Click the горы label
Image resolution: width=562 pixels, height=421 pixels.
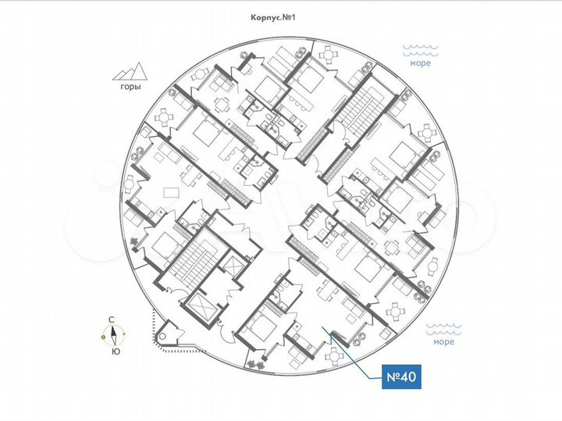point(130,87)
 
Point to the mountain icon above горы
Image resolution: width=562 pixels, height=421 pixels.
point(130,72)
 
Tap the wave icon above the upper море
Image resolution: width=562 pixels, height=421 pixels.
point(420,50)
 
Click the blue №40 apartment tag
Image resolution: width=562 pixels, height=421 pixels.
point(400,377)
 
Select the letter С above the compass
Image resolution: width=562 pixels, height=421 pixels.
point(112,319)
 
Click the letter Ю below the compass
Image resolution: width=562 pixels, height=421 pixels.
point(116,351)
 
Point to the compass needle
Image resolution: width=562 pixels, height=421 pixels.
point(114,336)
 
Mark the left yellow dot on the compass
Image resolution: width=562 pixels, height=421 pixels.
point(104,337)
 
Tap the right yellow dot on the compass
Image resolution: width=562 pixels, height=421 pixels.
point(124,337)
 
